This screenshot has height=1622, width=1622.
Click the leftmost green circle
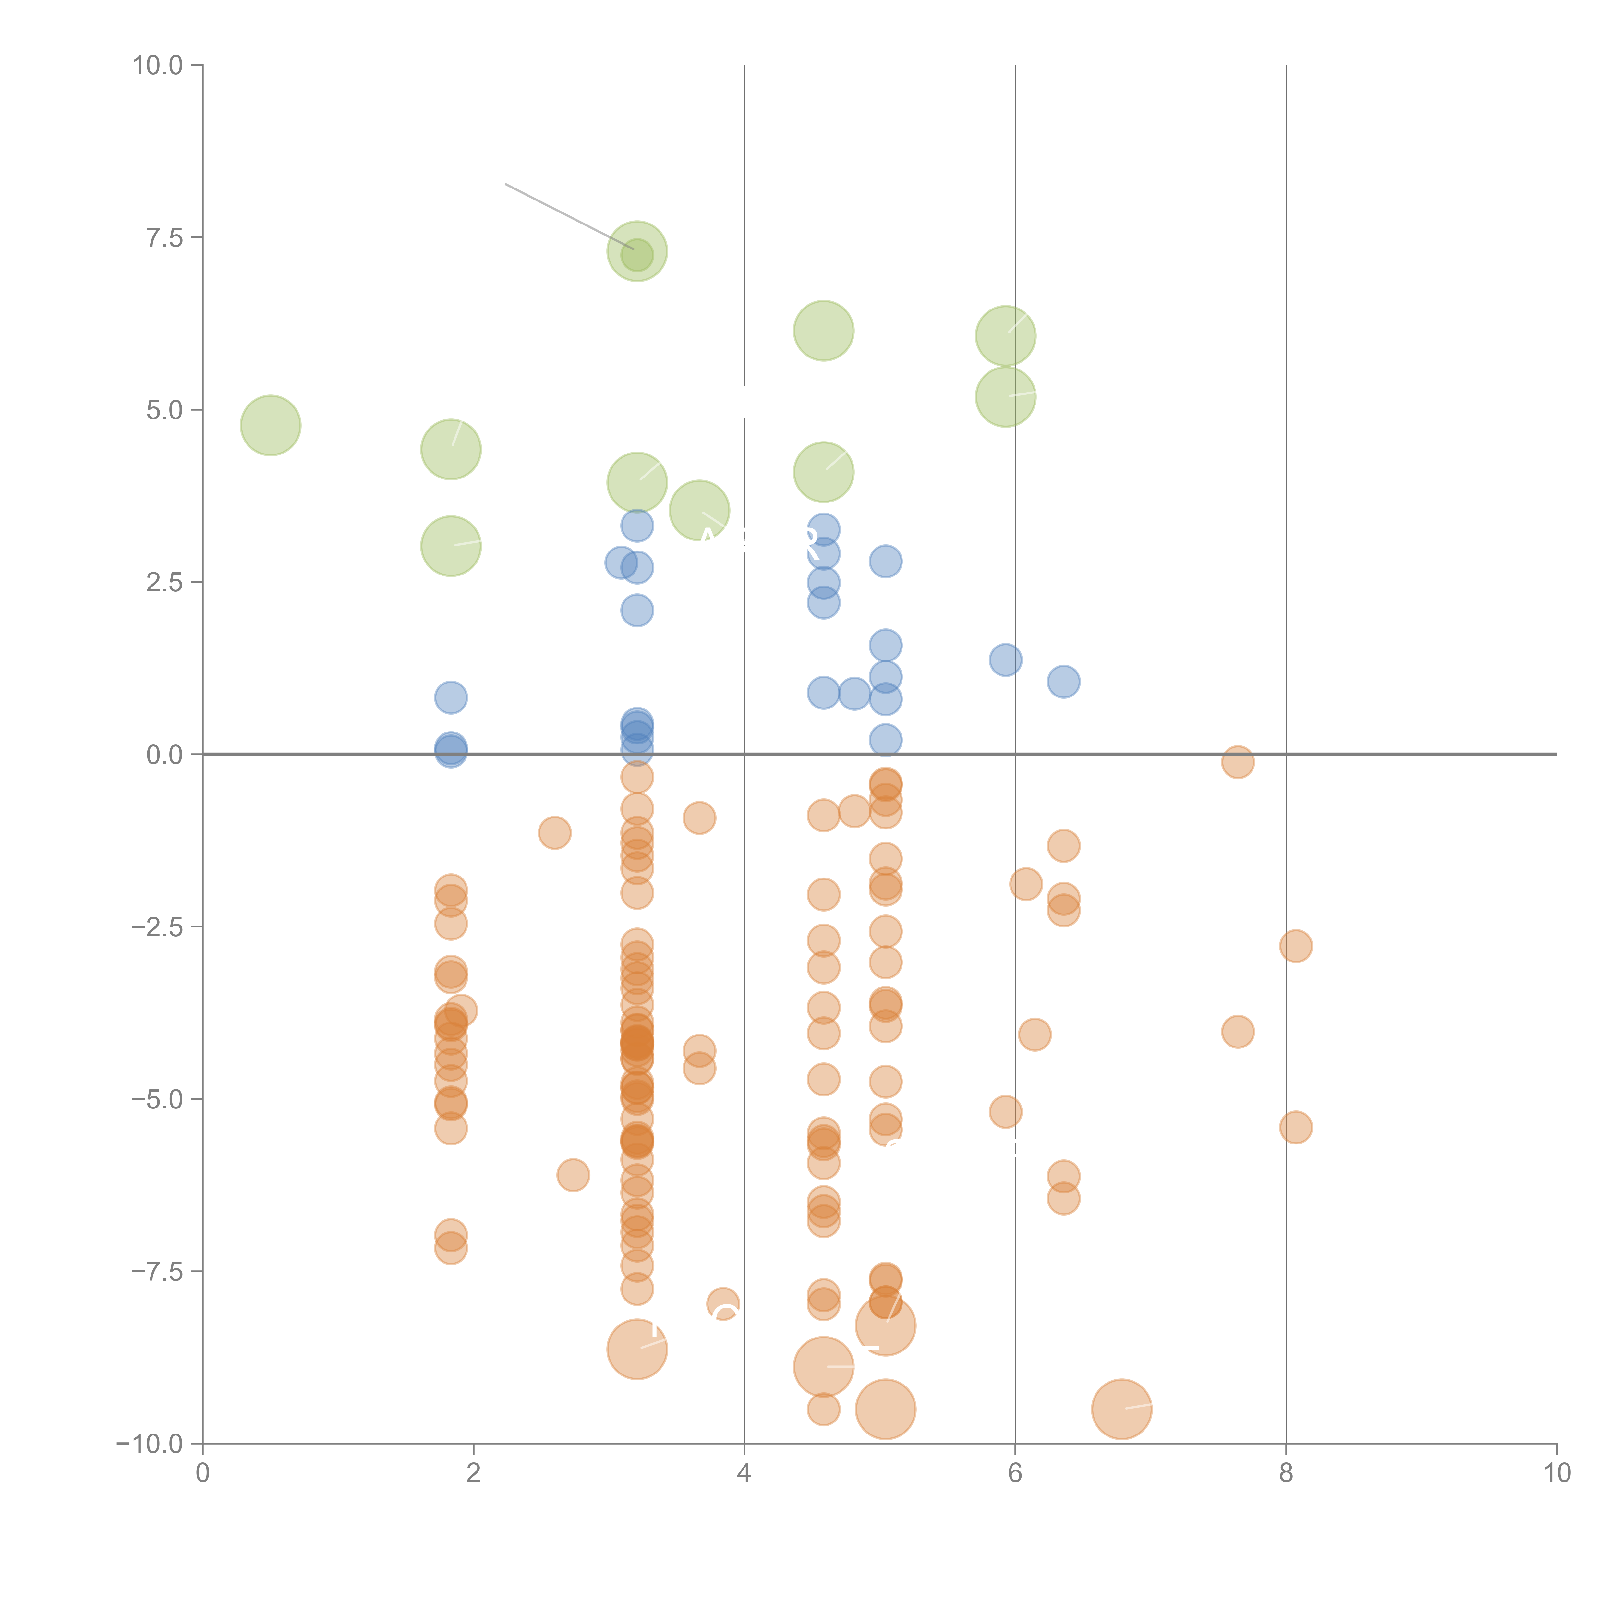pos(270,426)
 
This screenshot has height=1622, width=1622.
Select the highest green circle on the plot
pos(637,251)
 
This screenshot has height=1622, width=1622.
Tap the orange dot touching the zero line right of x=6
pos(1238,762)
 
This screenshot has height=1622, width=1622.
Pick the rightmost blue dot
pos(1064,682)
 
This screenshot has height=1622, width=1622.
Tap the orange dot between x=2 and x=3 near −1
pos(554,833)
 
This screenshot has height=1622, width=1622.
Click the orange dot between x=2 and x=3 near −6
pos(573,1175)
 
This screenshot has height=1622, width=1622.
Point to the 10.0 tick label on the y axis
pos(158,66)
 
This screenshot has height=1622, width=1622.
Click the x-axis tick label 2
pos(474,1473)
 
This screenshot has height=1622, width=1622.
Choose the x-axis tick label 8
pos(1286,1473)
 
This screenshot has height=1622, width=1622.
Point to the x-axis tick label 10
pos(1556,1473)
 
